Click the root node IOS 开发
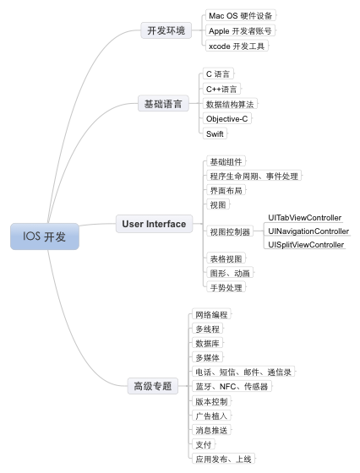[45, 236]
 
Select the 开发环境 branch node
[166, 30]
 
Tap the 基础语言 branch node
[163, 104]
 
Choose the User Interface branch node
[154, 224]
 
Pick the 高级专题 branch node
[153, 386]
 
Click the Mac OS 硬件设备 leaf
[241, 16]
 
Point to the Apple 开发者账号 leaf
[240, 30]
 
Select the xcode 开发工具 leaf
[237, 46]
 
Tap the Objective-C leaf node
[227, 119]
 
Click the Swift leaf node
[215, 133]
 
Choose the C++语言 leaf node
[221, 89]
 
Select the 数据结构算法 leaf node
[230, 104]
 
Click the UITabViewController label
[305, 218]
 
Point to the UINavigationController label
[308, 231]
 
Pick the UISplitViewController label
[306, 245]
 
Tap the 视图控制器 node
[230, 231]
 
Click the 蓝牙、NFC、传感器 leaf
[232, 387]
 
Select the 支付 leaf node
[204, 444]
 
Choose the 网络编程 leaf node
[211, 314]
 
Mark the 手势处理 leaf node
[226, 287]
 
